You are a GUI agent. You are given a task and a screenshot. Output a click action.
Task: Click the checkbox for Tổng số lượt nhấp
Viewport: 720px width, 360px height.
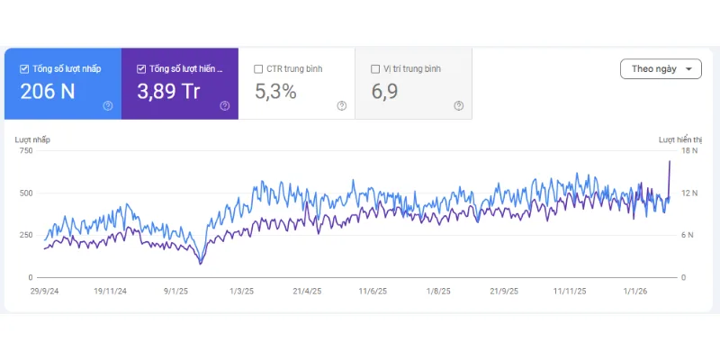(x=24, y=68)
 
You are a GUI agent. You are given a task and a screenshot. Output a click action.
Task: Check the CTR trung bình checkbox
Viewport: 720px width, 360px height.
(x=259, y=68)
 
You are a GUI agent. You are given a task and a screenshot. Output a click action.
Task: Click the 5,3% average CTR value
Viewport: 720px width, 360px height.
(x=275, y=91)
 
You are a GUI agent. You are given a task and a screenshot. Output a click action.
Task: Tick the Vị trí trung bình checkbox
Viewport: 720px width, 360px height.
(x=375, y=68)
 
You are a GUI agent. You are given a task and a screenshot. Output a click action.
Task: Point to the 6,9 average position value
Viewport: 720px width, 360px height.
(x=385, y=91)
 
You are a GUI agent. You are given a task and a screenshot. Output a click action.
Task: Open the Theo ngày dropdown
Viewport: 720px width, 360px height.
(x=661, y=69)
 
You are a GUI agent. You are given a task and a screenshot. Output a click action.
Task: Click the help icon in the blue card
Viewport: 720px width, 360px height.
(x=108, y=105)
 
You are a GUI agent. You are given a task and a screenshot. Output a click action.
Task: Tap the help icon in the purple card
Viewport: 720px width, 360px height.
(x=225, y=105)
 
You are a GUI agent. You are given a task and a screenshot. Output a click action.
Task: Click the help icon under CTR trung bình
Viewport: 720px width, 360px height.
(x=342, y=105)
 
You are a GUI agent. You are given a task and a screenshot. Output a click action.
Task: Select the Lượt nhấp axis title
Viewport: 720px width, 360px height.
(x=33, y=139)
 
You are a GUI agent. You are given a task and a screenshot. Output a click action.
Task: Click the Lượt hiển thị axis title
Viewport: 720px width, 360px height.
(x=679, y=139)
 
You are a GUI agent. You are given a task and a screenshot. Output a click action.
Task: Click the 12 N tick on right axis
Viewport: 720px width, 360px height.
(x=688, y=193)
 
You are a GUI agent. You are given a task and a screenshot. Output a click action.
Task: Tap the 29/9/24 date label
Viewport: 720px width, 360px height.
(x=45, y=292)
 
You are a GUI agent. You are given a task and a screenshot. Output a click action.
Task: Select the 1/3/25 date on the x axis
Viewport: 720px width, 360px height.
(x=242, y=292)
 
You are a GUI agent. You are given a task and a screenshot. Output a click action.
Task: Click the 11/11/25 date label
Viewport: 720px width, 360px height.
(x=570, y=292)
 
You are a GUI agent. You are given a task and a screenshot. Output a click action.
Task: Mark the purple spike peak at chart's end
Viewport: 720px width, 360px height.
(x=670, y=161)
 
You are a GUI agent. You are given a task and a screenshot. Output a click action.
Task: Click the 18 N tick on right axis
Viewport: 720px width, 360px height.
(x=688, y=150)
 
